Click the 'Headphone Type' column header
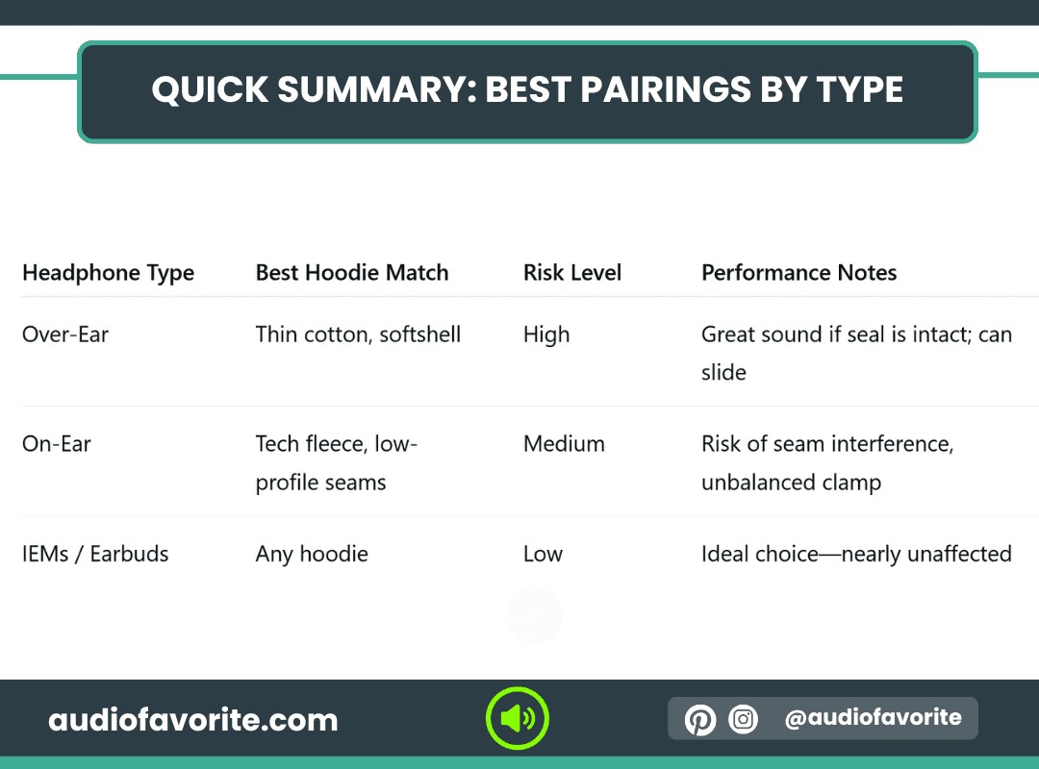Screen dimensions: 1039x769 (108, 273)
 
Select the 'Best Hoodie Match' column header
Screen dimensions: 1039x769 (352, 272)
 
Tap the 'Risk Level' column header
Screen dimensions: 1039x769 (571, 272)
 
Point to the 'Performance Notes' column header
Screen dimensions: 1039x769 (798, 272)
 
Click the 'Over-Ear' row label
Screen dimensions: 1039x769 (65, 335)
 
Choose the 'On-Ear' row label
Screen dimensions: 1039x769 (57, 444)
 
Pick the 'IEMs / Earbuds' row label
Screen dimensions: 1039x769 (95, 554)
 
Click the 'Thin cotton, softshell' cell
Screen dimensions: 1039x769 (358, 335)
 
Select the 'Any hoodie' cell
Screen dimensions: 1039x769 (312, 555)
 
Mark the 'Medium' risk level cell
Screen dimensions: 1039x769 (564, 444)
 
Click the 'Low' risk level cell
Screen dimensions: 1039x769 (543, 554)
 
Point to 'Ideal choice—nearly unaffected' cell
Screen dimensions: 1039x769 (856, 555)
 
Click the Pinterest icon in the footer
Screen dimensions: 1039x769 (699, 719)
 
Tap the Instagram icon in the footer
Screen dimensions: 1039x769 (743, 719)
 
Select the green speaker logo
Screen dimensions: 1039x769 (517, 719)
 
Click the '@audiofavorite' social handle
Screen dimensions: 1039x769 (873, 717)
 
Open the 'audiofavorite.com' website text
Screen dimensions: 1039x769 (192, 720)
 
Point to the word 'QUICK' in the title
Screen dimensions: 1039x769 (210, 90)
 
